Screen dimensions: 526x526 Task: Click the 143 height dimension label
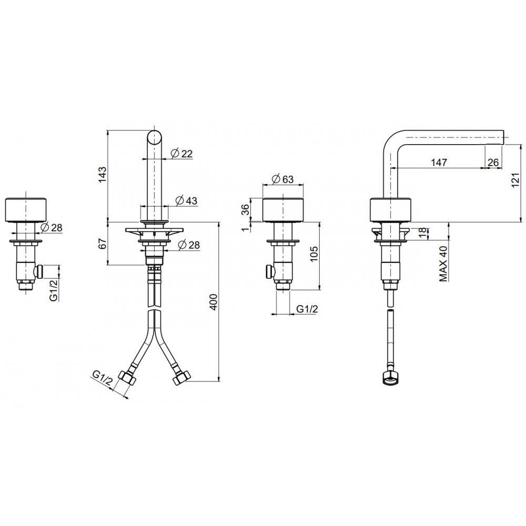(x=103, y=175)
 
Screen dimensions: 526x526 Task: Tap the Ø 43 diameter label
(x=186, y=200)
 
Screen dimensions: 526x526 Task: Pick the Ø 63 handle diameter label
(x=282, y=179)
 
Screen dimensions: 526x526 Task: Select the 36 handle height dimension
(x=245, y=209)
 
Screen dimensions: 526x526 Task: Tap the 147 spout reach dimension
(x=439, y=163)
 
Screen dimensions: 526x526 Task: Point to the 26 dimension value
(x=493, y=163)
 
